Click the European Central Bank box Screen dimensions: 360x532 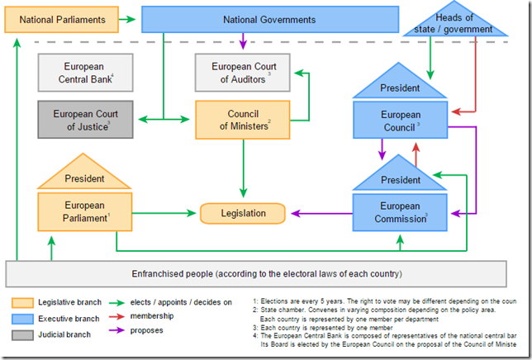[x=85, y=72]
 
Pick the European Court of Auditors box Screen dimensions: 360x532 [x=244, y=72]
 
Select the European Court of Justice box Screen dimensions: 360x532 [x=85, y=120]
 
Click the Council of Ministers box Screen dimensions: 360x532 [x=244, y=120]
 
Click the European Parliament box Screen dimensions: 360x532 [x=85, y=211]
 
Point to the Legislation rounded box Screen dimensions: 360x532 [x=243, y=213]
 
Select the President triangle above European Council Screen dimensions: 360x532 [x=400, y=87]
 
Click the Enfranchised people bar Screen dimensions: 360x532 [x=266, y=273]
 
